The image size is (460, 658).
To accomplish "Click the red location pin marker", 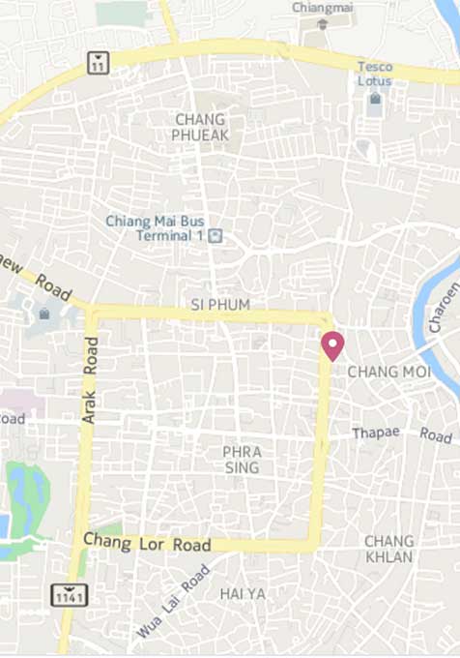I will (332, 344).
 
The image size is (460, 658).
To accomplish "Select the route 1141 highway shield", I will (71, 594).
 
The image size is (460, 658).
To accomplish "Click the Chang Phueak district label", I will (201, 127).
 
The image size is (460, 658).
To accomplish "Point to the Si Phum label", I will (220, 305).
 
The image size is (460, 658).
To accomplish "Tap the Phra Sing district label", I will (242, 460).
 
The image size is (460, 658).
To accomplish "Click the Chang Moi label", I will (387, 372).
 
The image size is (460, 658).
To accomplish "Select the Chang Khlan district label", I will (389, 549).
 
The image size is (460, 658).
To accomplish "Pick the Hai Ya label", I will (242, 592).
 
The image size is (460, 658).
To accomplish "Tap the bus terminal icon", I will (216, 235).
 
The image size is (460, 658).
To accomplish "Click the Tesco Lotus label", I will (375, 74).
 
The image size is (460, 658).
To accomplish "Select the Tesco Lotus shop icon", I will (375, 99).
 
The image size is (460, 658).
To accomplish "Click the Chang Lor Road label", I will (146, 543).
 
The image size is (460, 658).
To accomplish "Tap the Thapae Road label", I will (401, 435).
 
